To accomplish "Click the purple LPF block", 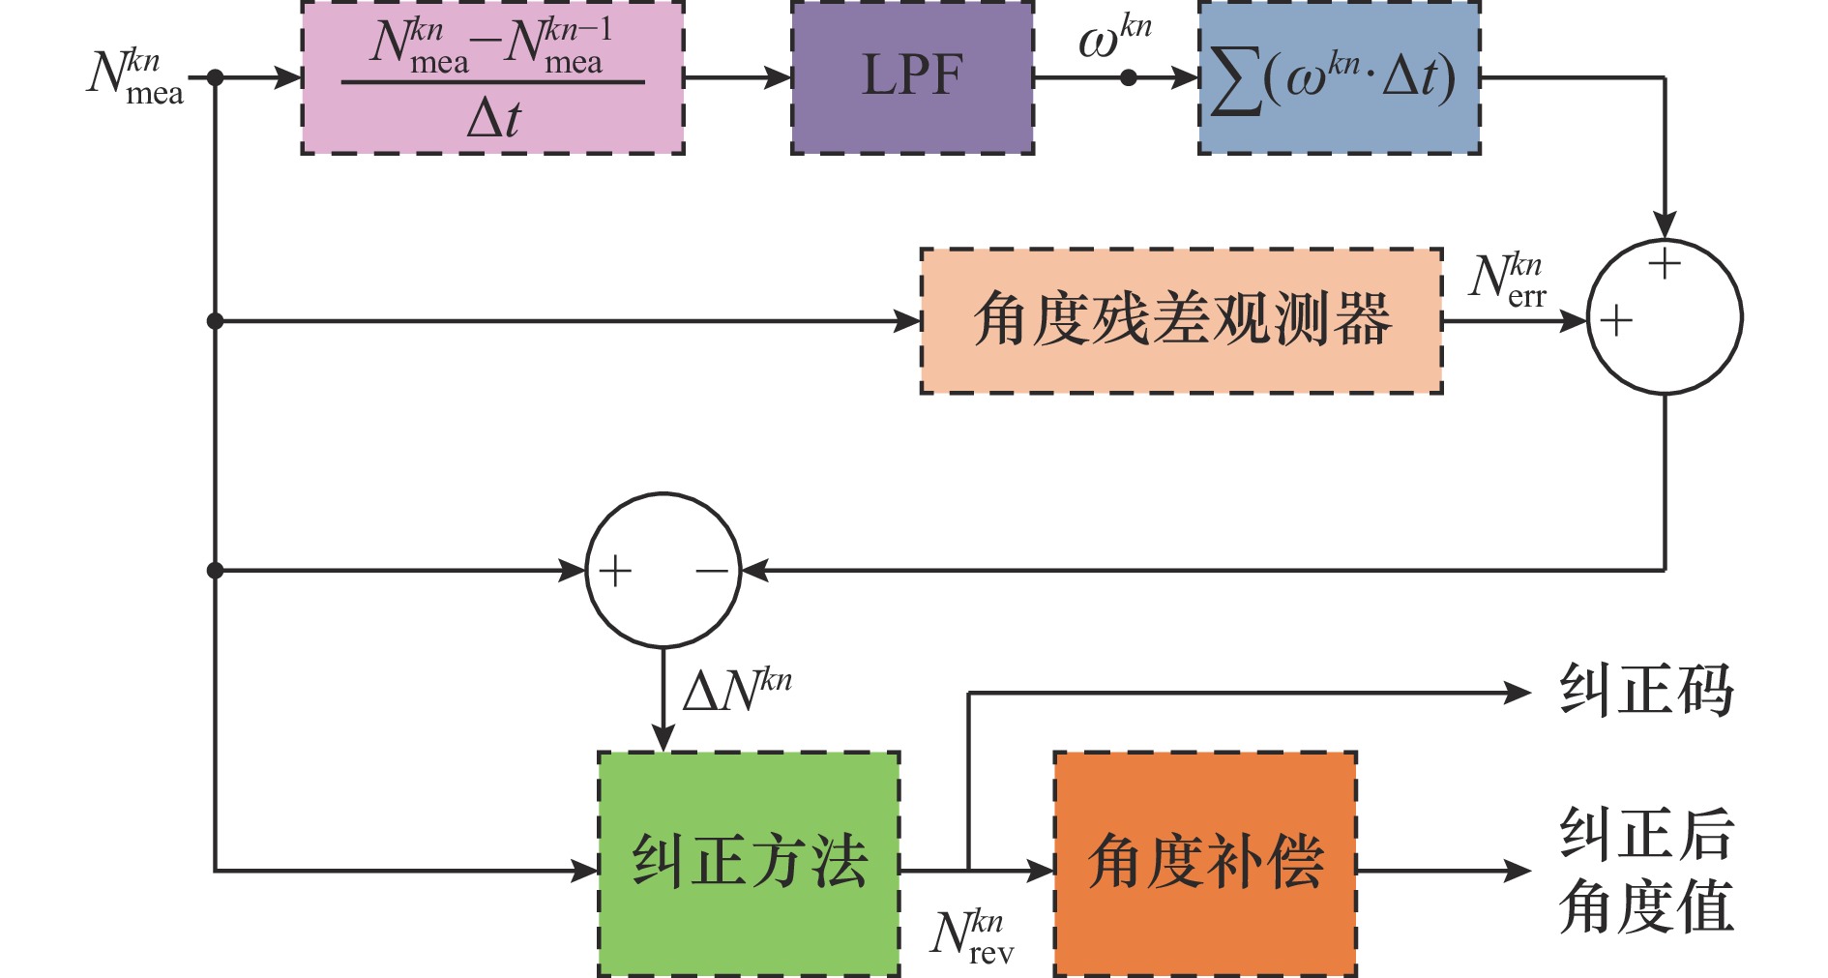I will click(x=912, y=77).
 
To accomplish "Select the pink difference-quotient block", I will click(x=492, y=77).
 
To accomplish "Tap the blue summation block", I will click(x=1339, y=77).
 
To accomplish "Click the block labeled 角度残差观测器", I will click(x=1181, y=320).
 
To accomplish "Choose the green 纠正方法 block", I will click(x=749, y=863).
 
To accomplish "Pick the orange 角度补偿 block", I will click(x=1204, y=863).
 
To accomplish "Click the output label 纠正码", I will click(x=1646, y=692).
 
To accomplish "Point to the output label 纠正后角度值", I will click(x=1646, y=871).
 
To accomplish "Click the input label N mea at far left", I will click(x=135, y=77).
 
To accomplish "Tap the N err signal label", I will click(x=1508, y=281).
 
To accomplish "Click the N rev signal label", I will click(x=972, y=936).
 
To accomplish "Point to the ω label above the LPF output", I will click(x=1114, y=39).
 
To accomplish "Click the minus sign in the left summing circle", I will click(x=712, y=571).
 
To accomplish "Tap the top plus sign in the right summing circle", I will click(x=1665, y=263).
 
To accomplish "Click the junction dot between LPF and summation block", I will click(x=1128, y=77).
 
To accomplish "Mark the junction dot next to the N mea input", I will click(x=215, y=77).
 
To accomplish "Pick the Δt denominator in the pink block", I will click(x=493, y=119).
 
